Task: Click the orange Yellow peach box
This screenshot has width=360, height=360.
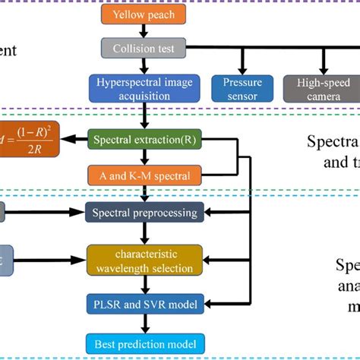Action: pos(144,14)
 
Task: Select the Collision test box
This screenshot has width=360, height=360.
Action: pos(144,49)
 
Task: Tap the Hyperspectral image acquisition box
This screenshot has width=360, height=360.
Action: pos(144,88)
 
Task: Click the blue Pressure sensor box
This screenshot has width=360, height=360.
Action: pos(242,88)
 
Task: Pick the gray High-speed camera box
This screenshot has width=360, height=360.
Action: pos(324,88)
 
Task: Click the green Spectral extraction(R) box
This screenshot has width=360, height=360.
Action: pos(144,140)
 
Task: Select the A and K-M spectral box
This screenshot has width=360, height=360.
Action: pos(144,175)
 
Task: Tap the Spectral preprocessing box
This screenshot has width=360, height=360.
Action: pos(144,212)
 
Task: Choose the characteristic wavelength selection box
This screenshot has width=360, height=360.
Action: pos(144,259)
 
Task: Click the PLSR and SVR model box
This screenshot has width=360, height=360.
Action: pos(144,305)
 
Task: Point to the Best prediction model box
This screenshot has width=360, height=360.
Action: pos(144,344)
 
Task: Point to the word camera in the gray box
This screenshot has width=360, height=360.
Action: pos(324,96)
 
